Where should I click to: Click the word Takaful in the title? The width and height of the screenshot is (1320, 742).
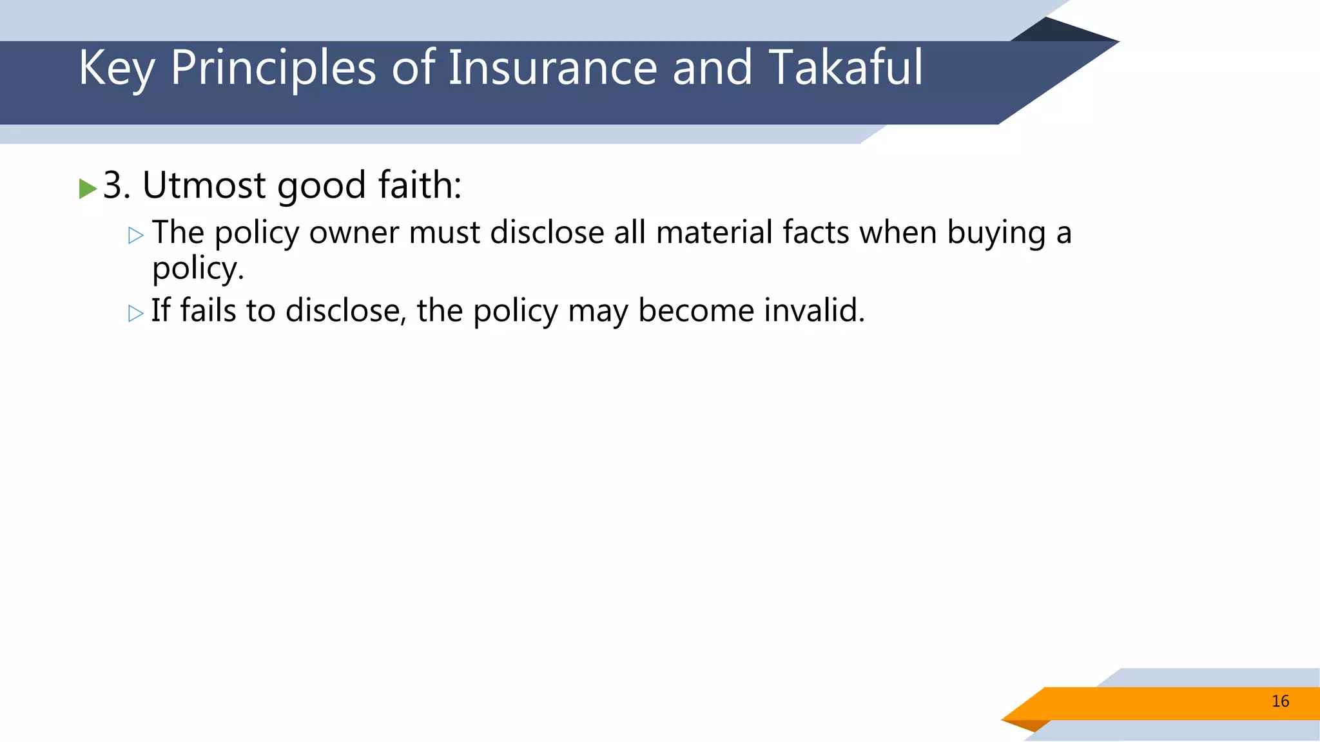[x=846, y=67]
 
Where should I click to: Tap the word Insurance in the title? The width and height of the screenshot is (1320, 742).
[x=552, y=67]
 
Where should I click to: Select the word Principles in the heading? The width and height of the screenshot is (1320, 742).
[x=273, y=68]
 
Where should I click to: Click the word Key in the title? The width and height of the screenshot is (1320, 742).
[x=116, y=68]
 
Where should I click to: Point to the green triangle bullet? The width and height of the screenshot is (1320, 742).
[x=87, y=189]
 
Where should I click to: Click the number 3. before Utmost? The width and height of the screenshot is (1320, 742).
[x=117, y=185]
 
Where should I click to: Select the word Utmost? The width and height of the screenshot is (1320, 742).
[x=203, y=185]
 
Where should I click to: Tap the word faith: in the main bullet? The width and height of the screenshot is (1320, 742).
[x=420, y=185]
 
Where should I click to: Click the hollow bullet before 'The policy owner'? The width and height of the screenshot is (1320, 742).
[x=135, y=235]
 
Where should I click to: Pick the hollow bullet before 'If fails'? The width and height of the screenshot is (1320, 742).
[x=135, y=314]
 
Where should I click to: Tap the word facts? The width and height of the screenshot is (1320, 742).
[x=816, y=233]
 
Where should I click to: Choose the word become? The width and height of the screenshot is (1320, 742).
[x=696, y=310]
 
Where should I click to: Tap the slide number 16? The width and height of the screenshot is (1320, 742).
[x=1280, y=701]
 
